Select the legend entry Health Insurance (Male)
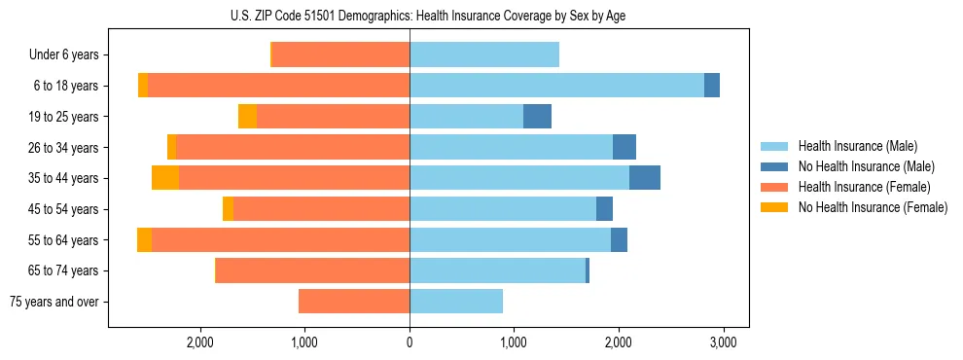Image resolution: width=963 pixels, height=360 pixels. [852, 146]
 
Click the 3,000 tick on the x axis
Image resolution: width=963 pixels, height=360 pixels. [722, 343]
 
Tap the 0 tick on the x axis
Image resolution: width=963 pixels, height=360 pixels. [410, 343]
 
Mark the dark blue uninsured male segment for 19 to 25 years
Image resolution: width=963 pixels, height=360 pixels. [537, 117]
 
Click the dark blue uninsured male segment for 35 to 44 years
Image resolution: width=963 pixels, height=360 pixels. [645, 178]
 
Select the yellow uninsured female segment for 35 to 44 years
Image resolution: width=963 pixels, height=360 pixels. [165, 178]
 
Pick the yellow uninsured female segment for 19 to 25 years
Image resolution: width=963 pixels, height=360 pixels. [247, 117]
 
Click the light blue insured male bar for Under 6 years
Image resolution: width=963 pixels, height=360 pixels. [484, 55]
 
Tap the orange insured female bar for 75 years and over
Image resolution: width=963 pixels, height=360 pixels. [354, 302]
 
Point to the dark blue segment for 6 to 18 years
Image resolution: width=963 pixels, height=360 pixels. [712, 86]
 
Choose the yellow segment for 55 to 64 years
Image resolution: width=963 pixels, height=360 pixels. [144, 240]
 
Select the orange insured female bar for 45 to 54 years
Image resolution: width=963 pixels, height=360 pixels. [321, 209]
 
